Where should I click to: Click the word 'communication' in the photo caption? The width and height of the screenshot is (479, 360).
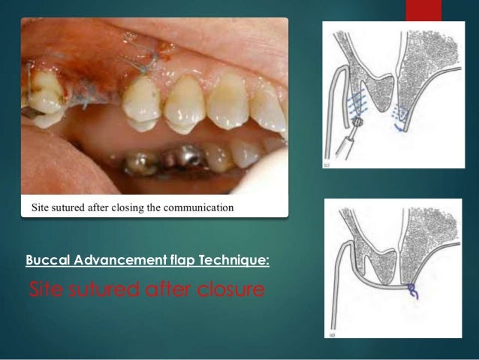click(197, 205)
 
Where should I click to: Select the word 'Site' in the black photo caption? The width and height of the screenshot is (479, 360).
click(38, 205)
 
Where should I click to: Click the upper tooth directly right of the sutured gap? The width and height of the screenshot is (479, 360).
click(140, 101)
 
